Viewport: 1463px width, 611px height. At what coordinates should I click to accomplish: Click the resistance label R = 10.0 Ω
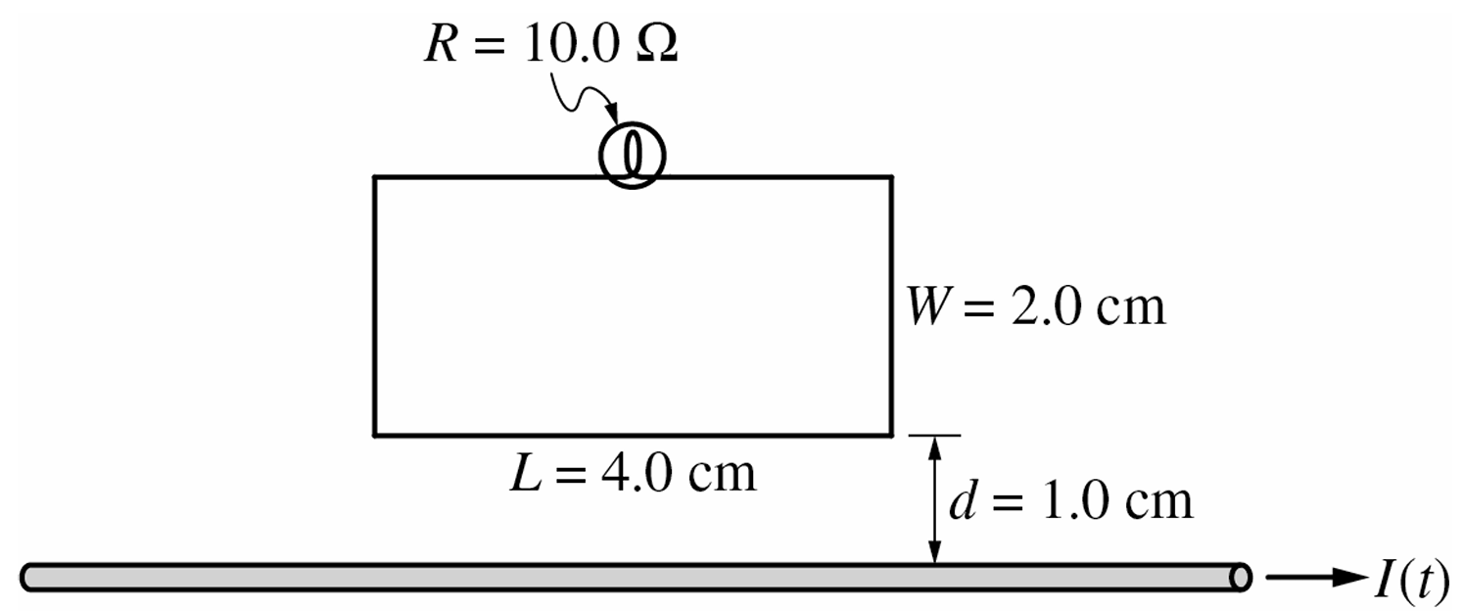(x=551, y=45)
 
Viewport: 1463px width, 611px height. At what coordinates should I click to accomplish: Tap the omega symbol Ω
(x=657, y=45)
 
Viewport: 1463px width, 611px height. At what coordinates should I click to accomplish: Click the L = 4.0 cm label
(x=633, y=473)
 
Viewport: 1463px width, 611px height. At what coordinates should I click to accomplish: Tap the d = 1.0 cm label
(x=1071, y=500)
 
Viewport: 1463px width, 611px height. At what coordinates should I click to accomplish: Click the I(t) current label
(x=1412, y=579)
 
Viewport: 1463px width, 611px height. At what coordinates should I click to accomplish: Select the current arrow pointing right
(x=1315, y=577)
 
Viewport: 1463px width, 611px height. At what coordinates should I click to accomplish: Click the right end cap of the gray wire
(x=1240, y=577)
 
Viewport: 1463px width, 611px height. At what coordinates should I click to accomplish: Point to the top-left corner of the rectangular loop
(x=375, y=177)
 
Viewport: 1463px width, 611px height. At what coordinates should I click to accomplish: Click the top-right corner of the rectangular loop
(x=891, y=177)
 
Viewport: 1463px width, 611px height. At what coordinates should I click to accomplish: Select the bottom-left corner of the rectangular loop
(x=375, y=434)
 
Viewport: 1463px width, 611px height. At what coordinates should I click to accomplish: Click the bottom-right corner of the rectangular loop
(x=891, y=434)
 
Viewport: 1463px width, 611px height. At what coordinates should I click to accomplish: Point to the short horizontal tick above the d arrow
(x=935, y=435)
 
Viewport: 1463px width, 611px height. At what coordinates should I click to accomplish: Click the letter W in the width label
(x=926, y=308)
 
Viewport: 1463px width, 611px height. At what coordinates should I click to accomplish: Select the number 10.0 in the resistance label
(x=571, y=45)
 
